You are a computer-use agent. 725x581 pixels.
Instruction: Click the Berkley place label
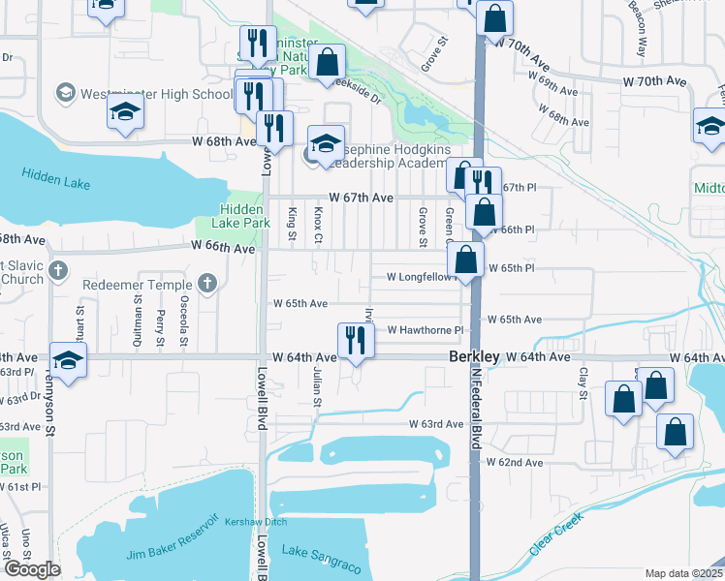click(475, 357)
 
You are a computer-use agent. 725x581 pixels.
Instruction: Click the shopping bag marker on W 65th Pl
click(466, 260)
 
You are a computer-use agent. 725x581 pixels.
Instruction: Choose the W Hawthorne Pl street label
click(426, 330)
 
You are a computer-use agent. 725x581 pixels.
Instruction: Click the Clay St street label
click(583, 383)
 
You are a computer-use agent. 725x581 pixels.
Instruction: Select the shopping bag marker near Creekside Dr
click(329, 62)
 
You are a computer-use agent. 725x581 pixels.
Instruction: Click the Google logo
click(32, 569)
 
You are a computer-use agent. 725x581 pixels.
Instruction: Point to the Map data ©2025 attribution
click(684, 573)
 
